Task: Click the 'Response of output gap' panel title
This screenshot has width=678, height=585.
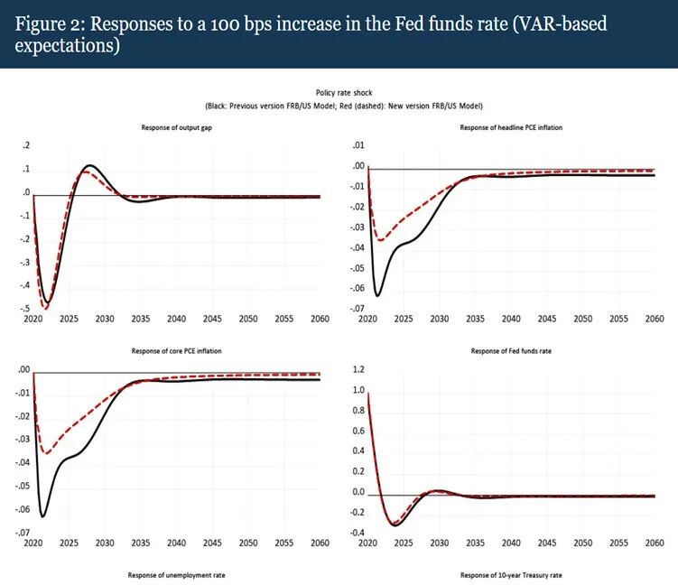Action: tap(176, 127)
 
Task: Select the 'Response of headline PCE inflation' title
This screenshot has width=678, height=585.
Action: tap(511, 127)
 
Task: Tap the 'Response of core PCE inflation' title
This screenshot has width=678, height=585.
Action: tap(176, 351)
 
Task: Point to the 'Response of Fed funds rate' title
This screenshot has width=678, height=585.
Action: tap(511, 351)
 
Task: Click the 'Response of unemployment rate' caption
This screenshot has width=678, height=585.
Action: tap(176, 575)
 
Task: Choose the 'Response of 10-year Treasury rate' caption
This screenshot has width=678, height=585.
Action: tap(511, 575)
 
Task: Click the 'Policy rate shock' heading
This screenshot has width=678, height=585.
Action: tap(344, 92)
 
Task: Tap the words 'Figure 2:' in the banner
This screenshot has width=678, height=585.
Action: tap(51, 24)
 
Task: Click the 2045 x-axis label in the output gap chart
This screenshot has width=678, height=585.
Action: tap(212, 319)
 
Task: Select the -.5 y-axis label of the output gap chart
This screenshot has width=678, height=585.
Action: tap(25, 308)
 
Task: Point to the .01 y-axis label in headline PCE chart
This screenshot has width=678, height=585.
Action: tap(358, 145)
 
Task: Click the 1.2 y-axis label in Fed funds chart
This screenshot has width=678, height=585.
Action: tap(358, 369)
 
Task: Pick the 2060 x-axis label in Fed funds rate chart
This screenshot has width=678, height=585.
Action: tap(655, 543)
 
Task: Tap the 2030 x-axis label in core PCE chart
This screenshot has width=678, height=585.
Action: tap(105, 543)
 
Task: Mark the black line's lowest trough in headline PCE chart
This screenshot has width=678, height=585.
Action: tap(377, 296)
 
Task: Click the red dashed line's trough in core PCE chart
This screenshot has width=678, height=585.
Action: tap(46, 452)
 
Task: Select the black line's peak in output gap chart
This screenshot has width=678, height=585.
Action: tap(89, 165)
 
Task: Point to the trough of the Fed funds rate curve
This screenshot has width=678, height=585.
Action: tap(395, 525)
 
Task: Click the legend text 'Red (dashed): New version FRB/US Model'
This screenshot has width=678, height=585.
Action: tap(411, 106)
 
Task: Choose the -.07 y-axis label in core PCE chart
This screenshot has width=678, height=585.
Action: tap(23, 533)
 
